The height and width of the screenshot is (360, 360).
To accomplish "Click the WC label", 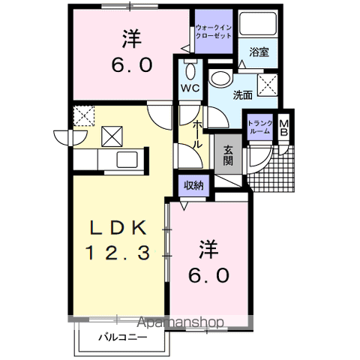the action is click(190, 88).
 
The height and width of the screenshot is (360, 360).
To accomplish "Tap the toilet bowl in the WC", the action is click(190, 70).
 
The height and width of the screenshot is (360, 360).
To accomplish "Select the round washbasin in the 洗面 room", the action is click(220, 78).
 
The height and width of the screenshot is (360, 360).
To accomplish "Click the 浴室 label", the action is click(259, 52).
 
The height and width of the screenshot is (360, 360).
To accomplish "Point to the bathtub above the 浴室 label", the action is click(258, 24).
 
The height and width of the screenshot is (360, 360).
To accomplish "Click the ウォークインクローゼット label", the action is click(214, 31).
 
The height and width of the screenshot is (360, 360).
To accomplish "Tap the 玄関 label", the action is click(228, 155).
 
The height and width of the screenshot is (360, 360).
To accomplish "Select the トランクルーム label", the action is click(260, 127).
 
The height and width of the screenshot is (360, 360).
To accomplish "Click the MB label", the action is click(284, 127).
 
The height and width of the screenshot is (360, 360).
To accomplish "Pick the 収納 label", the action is click(193, 185).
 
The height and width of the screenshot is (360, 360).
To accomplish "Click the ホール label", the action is click(198, 134).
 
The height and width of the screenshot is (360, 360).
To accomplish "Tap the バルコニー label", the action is click(122, 337).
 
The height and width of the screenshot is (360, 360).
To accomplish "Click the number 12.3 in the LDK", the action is click(118, 253).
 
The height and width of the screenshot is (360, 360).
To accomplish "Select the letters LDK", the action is click(118, 227).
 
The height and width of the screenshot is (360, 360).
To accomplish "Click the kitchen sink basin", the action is click(127, 160).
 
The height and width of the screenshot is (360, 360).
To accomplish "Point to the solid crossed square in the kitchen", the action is click(112, 136).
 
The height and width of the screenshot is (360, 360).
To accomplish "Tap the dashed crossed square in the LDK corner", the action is click(84, 115).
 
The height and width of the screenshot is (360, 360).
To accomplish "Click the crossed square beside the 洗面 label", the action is click(268, 85).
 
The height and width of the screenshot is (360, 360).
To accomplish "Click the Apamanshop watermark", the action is click(181, 322).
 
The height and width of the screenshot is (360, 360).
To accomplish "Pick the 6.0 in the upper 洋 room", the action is click(132, 65).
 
